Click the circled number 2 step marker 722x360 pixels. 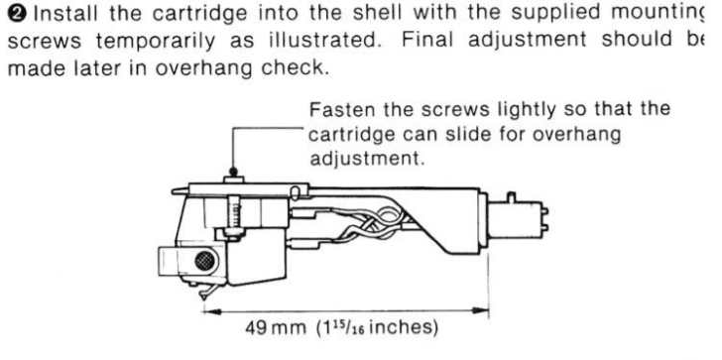[19, 14]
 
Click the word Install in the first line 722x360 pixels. [65, 14]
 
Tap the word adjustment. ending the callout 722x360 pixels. [367, 160]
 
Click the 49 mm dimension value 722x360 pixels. [276, 328]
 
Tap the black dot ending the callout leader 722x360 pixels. [233, 172]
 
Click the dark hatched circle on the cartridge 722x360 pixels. [204, 261]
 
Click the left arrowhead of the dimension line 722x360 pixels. [212, 311]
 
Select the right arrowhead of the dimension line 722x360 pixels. [480, 310]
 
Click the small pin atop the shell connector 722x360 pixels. [511, 197]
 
